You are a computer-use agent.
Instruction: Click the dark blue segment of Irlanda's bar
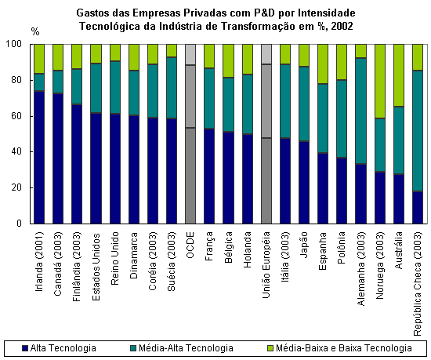pyautogui.click(x=39, y=157)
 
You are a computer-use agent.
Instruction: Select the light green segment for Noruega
pyautogui.click(x=380, y=81)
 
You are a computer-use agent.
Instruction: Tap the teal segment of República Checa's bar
pyautogui.click(x=418, y=131)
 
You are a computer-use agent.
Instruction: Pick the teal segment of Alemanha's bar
pyautogui.click(x=361, y=111)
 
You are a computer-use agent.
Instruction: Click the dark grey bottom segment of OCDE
pyautogui.click(x=190, y=176)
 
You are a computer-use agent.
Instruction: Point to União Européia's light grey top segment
pyautogui.click(x=266, y=54)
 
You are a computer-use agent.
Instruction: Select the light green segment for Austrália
pyautogui.click(x=399, y=75)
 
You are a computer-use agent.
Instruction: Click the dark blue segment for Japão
pyautogui.click(x=304, y=182)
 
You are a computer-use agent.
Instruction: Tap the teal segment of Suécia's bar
pyautogui.click(x=172, y=88)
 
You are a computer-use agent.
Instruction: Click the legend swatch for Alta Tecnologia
pyautogui.click(x=25, y=348)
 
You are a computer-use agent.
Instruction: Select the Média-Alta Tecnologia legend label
pyautogui.click(x=186, y=348)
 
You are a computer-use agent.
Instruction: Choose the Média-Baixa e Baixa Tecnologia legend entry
pyautogui.click(x=339, y=348)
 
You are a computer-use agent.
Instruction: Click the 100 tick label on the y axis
pyautogui.click(x=13, y=44)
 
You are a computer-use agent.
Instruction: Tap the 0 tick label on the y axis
pyautogui.click(x=19, y=224)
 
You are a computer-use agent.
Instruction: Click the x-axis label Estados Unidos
pyautogui.click(x=96, y=267)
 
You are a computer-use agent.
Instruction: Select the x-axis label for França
pyautogui.click(x=209, y=246)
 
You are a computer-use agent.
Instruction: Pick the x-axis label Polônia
pyautogui.click(x=342, y=248)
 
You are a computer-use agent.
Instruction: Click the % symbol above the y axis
pyautogui.click(x=35, y=32)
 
